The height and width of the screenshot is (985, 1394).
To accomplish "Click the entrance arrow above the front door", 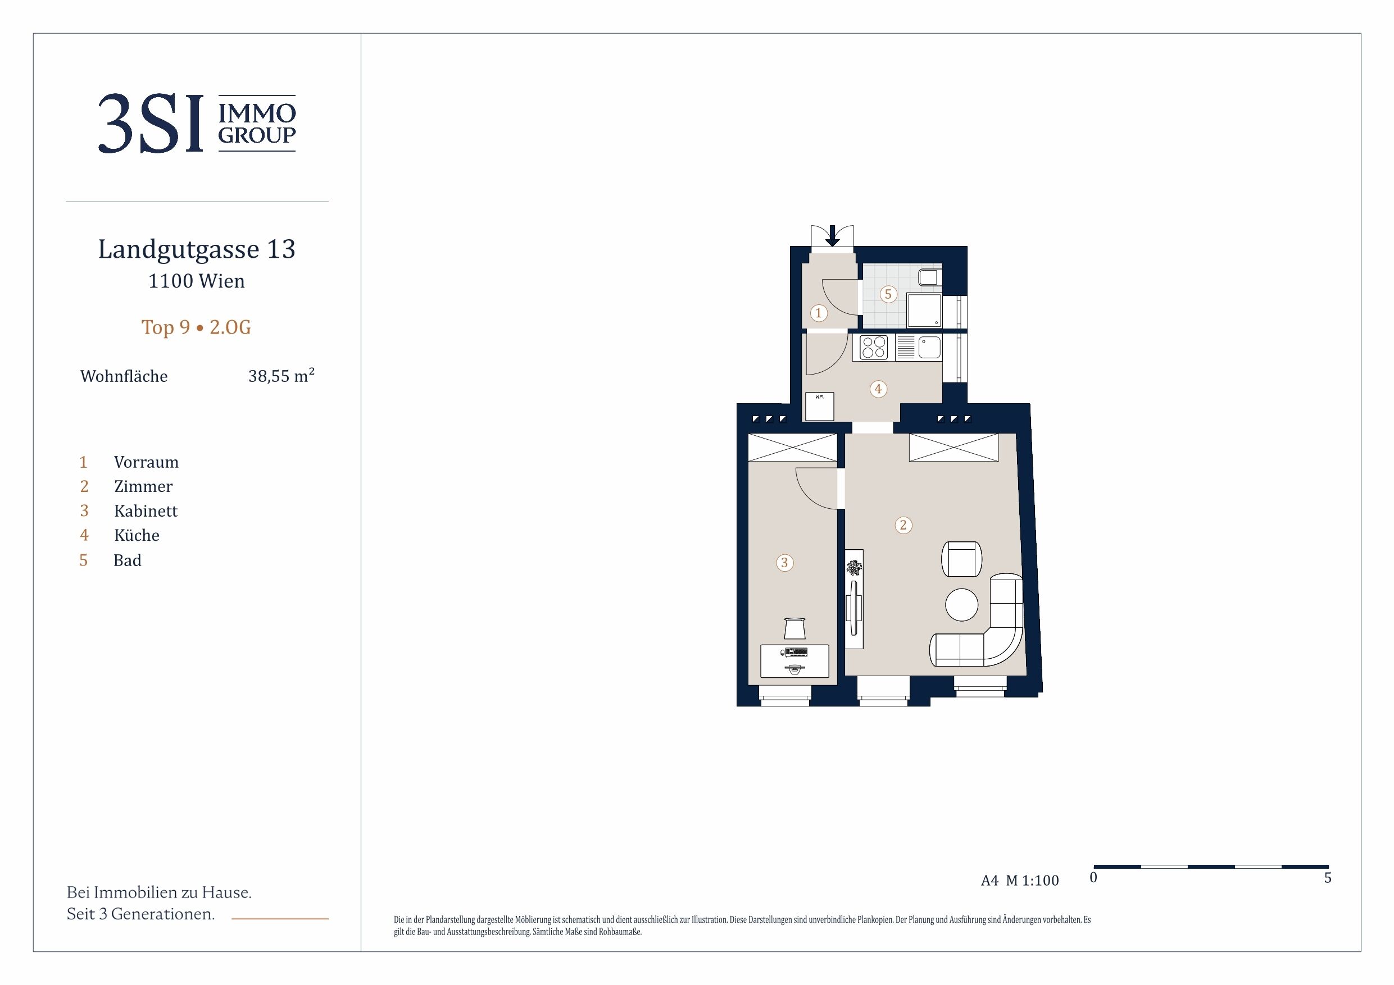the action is click(x=832, y=235).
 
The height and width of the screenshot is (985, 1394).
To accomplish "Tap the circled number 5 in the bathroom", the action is click(x=888, y=294).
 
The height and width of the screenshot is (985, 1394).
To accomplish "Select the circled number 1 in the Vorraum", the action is click(x=819, y=313).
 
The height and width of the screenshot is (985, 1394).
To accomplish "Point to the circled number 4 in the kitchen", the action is click(x=878, y=389).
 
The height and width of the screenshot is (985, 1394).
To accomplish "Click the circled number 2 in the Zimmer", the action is click(x=903, y=525).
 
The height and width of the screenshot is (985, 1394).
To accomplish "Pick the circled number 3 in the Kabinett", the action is click(x=784, y=563).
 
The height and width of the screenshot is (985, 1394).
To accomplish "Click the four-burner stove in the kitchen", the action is click(x=874, y=348).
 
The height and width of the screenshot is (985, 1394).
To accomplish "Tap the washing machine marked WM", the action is click(x=819, y=407).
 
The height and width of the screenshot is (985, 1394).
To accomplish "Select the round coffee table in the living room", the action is click(x=962, y=605).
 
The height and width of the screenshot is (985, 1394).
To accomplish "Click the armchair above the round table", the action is click(x=962, y=559).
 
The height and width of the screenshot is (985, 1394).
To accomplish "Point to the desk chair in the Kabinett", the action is click(x=794, y=628).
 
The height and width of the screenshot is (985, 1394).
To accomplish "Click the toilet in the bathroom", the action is click(x=929, y=277).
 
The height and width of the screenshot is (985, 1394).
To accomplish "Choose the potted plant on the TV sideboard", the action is click(x=854, y=569).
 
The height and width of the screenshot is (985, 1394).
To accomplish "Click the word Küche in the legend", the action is click(x=137, y=535).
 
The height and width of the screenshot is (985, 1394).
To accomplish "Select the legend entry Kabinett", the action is click(x=146, y=511).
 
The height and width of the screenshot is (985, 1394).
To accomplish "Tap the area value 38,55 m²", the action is click(x=281, y=376).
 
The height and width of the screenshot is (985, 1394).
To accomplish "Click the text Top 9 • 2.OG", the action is click(x=196, y=327).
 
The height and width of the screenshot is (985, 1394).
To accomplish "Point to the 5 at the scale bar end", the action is click(x=1327, y=878).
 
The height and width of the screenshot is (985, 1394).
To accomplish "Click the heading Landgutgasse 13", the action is click(x=197, y=249).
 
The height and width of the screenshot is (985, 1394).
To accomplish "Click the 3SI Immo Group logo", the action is click(x=197, y=123).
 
